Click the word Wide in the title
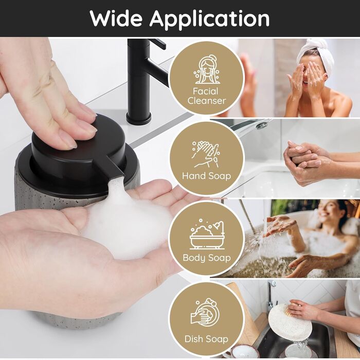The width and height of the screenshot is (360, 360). coord(116,19)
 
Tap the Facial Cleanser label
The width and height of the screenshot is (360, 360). coord(206,96)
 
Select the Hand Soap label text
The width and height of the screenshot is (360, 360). coord(206,176)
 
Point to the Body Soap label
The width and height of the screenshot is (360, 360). coord(207,258)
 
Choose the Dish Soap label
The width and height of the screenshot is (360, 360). coord(206,339)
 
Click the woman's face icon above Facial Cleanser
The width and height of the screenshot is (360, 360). coord(207,69)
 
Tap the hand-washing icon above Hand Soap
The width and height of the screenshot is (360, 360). coord(206,154)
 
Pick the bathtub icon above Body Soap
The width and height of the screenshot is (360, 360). coord(207,234)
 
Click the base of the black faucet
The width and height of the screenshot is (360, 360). coord(138,118)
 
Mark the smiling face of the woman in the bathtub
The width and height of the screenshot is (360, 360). coord(327,211)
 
